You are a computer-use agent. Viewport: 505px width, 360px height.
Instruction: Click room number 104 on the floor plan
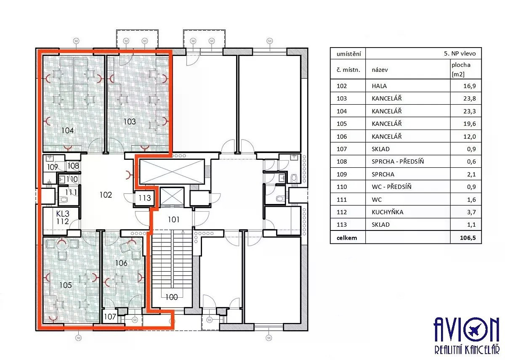tap(67, 130)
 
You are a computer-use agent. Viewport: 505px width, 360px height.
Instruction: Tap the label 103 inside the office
tap(130, 122)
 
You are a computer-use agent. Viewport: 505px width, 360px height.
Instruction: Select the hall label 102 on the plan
tap(106, 195)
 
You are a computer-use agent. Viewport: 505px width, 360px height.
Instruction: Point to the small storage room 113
tap(144, 198)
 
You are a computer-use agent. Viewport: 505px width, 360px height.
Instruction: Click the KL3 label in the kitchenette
tap(63, 214)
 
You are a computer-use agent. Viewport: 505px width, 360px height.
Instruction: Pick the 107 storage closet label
tap(110, 317)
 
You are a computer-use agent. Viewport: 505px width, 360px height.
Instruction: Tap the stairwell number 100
tap(172, 297)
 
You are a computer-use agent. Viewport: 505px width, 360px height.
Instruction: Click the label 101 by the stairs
tap(173, 220)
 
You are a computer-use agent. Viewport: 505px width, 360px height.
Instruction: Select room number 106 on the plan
tap(121, 263)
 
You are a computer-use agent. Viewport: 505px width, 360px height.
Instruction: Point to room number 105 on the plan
tap(66, 285)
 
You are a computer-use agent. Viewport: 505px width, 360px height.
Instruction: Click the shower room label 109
tap(53, 167)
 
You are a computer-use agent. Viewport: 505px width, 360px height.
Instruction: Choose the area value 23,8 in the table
tap(470, 98)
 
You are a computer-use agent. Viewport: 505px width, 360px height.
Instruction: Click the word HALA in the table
tap(379, 86)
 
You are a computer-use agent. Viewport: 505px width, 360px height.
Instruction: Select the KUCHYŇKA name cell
tap(387, 212)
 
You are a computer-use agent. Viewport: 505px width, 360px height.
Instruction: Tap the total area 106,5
tap(468, 238)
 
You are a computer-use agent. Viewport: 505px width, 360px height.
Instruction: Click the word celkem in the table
tap(347, 238)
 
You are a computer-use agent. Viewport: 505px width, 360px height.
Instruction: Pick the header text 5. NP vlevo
tap(460, 53)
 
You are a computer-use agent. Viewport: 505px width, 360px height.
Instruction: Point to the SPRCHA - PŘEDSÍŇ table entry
tap(398, 161)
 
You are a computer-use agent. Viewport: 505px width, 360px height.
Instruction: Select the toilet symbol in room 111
tap(64, 200)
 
